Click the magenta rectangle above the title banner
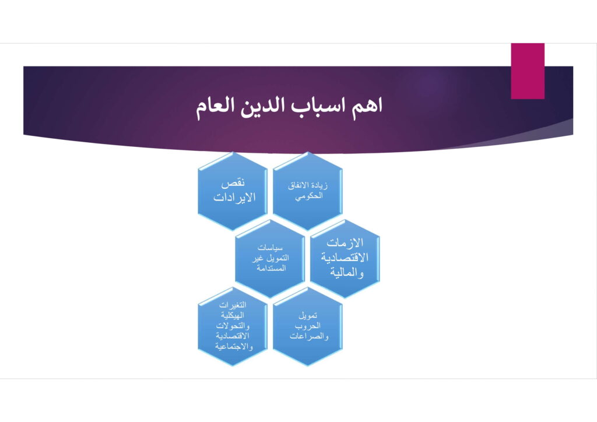coord(527,71)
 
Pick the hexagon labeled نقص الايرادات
coord(233,191)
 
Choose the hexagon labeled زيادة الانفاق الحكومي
coord(308,191)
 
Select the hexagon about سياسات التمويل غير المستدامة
coord(270,258)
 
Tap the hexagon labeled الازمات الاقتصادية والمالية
coord(345,258)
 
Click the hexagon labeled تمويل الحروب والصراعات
coord(308,326)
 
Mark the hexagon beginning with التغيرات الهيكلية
coord(233,326)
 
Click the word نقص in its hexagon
coord(233,183)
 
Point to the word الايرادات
coord(234,198)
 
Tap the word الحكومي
coord(309,196)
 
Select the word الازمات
coord(345,242)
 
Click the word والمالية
coord(346,272)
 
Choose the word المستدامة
coord(271,268)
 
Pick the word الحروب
coord(308,326)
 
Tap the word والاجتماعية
coord(234,346)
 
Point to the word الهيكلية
coord(233,315)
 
